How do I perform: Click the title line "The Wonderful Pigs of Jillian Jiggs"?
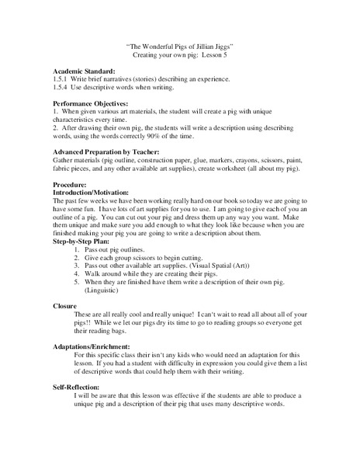[x=179, y=47]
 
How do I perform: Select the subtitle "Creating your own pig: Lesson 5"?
[x=179, y=57]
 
